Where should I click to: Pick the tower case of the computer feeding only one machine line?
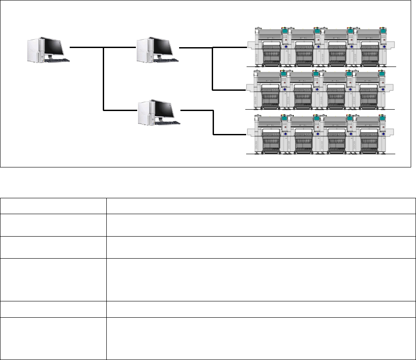click(x=145, y=112)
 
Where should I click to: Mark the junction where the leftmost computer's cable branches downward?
click(x=103, y=47)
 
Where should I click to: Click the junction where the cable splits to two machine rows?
click(x=213, y=48)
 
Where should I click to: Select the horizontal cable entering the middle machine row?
click(x=229, y=90)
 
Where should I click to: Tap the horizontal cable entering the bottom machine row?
click(x=229, y=134)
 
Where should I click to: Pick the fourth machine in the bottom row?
click(x=373, y=134)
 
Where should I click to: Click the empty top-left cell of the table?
click(x=53, y=206)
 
